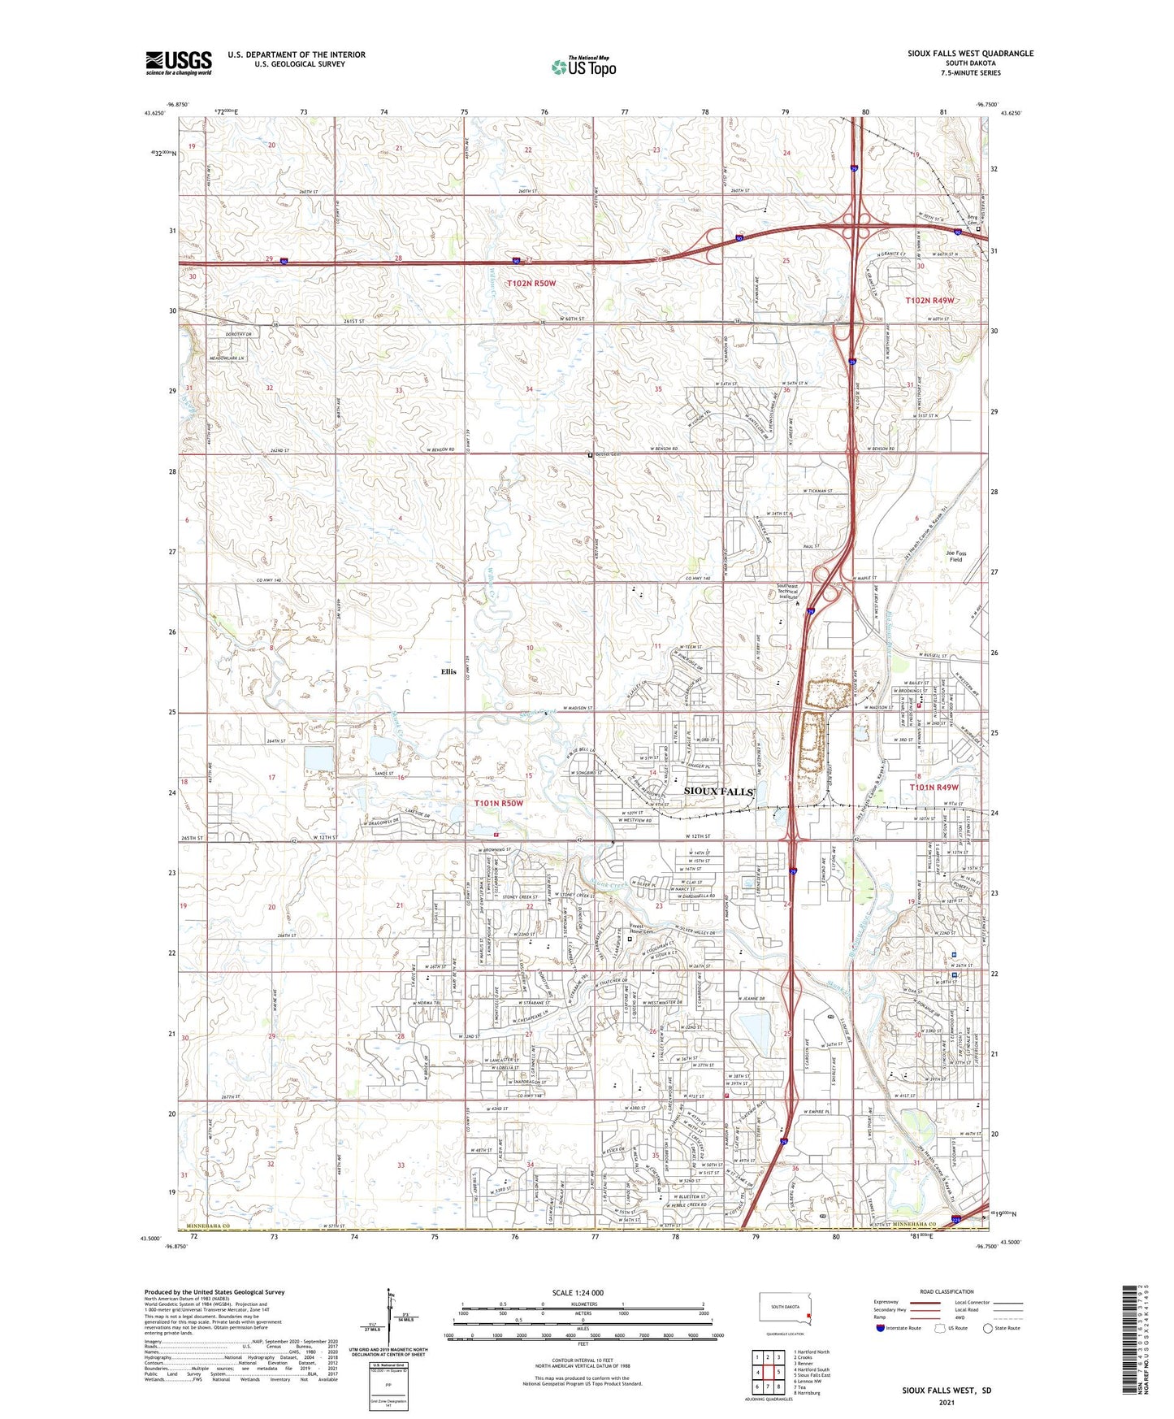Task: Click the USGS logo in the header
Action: pyautogui.click(x=179, y=63)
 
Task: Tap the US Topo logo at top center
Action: pyautogui.click(x=583, y=67)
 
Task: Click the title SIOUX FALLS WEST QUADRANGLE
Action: pyautogui.click(x=970, y=54)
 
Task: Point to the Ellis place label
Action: pyautogui.click(x=448, y=671)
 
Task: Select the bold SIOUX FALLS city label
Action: pyautogui.click(x=719, y=791)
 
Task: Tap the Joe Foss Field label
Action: pyautogui.click(x=955, y=556)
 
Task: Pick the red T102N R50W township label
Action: pyautogui.click(x=531, y=283)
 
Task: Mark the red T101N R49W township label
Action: pyautogui.click(x=934, y=788)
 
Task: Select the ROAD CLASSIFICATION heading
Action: pyautogui.click(x=947, y=1291)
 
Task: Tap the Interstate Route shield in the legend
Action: pyautogui.click(x=881, y=1328)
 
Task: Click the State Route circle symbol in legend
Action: pyautogui.click(x=988, y=1328)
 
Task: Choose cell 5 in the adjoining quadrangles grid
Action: pyautogui.click(x=779, y=1372)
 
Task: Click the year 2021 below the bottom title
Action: pyautogui.click(x=946, y=1402)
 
